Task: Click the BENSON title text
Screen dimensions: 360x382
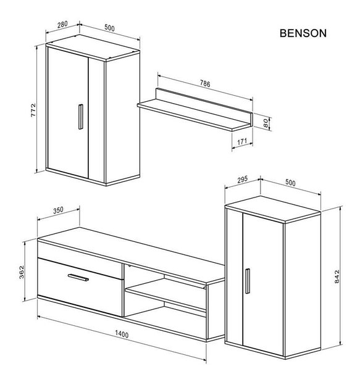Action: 303,33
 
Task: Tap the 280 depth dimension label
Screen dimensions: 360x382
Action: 62,25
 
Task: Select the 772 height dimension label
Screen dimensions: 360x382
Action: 33,110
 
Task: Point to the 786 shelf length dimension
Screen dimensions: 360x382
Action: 205,83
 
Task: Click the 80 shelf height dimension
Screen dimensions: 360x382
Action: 266,123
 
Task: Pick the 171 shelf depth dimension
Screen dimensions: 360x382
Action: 242,142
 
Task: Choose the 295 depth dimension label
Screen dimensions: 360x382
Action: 242,180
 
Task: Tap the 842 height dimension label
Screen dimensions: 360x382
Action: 337,276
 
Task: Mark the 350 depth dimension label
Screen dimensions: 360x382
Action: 58,210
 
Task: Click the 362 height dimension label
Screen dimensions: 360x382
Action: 22,272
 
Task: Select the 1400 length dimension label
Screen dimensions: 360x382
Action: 122,334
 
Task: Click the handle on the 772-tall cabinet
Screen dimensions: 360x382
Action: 81,117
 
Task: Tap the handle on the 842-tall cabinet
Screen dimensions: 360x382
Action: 248,281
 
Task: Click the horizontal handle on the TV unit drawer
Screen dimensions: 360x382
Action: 78,278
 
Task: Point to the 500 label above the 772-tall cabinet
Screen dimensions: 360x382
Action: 109,28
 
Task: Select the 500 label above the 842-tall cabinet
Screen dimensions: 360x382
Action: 290,183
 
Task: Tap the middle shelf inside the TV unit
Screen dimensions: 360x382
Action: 165,294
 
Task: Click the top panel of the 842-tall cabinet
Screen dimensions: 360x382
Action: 273,209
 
